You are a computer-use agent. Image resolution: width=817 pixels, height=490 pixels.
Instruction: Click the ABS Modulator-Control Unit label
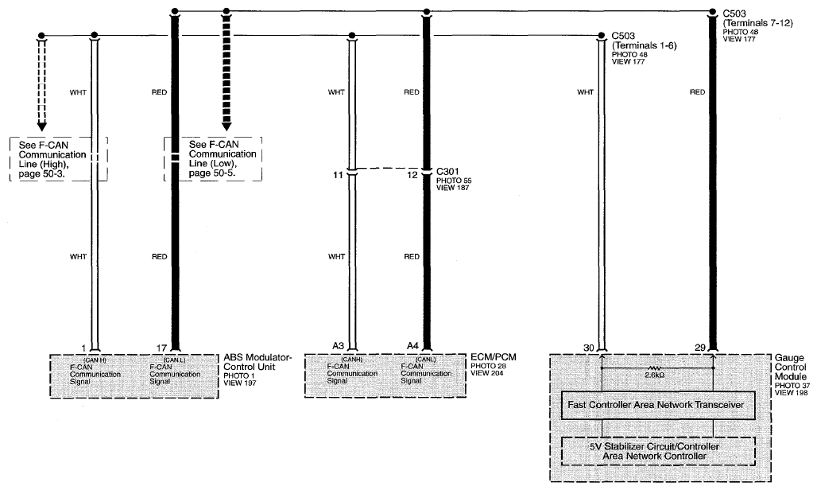click(x=257, y=362)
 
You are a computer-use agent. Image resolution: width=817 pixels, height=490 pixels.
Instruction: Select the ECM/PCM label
click(x=493, y=357)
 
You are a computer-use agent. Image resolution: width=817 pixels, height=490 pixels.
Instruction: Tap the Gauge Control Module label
click(x=791, y=367)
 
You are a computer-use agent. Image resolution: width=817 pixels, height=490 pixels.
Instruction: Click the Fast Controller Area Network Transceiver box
click(x=657, y=405)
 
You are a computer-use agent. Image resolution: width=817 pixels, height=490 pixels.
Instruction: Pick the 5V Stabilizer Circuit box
click(x=658, y=452)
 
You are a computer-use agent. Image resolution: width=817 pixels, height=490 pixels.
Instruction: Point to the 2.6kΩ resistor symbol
click(x=654, y=368)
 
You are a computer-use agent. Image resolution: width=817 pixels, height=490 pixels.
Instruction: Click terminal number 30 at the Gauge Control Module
click(x=588, y=348)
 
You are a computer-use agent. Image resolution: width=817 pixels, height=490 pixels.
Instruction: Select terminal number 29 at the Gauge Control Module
click(x=699, y=348)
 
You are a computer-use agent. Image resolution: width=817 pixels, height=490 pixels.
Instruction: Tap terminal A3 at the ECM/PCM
click(x=338, y=345)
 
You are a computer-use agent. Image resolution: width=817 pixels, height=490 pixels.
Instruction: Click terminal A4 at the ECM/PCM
click(x=412, y=345)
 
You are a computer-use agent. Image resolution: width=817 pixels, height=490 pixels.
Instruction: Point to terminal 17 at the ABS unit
click(x=161, y=348)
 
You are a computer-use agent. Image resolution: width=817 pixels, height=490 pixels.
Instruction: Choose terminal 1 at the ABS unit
click(x=83, y=348)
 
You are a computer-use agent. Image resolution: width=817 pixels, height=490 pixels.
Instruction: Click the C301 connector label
click(x=447, y=172)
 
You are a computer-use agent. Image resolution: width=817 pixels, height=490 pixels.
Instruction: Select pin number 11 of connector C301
click(x=338, y=175)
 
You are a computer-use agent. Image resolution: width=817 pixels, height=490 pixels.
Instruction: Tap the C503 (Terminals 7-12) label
click(x=757, y=18)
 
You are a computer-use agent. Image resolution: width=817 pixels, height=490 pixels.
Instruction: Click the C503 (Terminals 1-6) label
click(x=644, y=41)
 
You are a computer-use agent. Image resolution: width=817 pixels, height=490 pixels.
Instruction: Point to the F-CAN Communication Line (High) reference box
click(x=58, y=159)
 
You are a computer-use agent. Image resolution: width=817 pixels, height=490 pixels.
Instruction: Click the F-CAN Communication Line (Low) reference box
click(x=213, y=159)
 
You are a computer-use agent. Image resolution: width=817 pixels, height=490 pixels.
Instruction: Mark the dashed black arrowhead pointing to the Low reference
click(x=227, y=126)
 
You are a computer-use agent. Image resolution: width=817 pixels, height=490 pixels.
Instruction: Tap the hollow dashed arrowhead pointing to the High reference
click(x=41, y=126)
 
